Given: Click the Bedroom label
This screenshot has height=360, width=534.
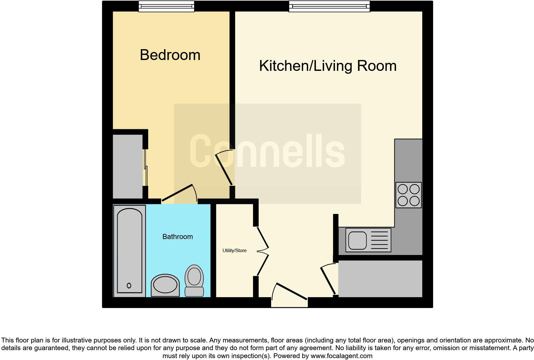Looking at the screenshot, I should coord(170,55).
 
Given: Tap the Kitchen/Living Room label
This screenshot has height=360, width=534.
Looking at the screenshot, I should coord(328,66).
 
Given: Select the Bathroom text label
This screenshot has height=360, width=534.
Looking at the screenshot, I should coord(178,236).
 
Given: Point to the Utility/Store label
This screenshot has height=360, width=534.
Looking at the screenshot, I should coord(234,251).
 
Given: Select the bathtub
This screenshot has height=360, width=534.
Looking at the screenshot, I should coord(129,251).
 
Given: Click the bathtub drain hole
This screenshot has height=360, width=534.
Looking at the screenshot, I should coord(129,285).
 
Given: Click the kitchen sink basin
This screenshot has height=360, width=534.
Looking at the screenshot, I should coord(357,240).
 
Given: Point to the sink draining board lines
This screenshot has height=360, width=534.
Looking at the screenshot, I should coord(379,240).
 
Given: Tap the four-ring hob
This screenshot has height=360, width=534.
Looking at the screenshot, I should coord(408,195).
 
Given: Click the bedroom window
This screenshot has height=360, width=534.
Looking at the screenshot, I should coord(166,6).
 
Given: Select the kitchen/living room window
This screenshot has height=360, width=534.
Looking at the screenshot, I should coord(329,6).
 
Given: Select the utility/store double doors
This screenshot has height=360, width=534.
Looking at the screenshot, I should coord(263,251).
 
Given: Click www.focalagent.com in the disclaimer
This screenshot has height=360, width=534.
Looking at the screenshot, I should coord(341,356).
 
